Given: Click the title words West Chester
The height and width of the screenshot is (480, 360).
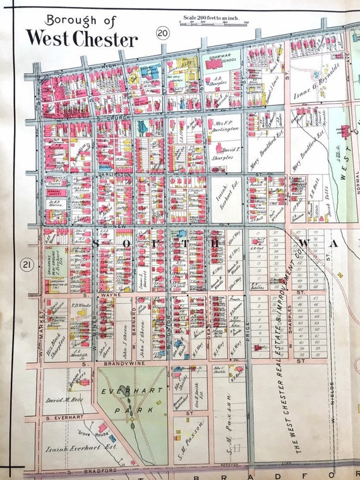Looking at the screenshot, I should [x=81, y=39].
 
